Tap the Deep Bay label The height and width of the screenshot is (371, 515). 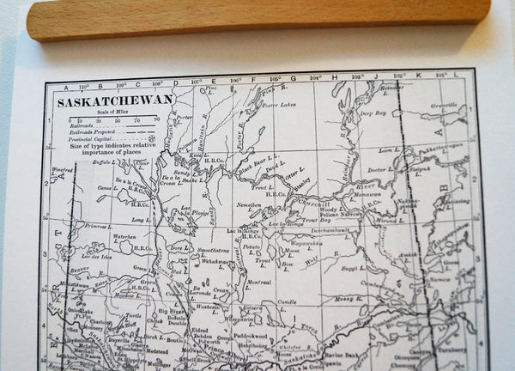point(373,113)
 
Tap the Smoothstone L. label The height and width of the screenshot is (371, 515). point(213,250)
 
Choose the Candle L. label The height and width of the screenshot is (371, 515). point(288,302)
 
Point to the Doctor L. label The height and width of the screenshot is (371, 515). point(379,170)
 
